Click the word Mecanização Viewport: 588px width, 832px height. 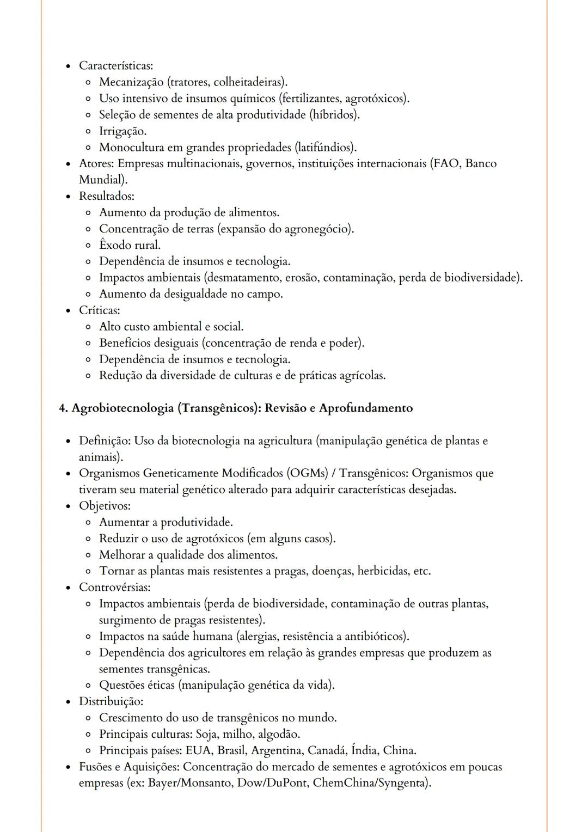[131, 82]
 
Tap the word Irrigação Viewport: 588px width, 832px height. [122, 131]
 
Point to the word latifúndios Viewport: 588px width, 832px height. [325, 148]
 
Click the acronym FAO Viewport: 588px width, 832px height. [446, 164]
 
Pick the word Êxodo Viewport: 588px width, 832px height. [115, 245]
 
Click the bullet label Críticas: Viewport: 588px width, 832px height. [100, 310]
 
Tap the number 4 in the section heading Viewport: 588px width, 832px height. [62, 408]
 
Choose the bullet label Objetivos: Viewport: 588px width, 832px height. [105, 506]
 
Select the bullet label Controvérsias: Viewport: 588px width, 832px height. [114, 588]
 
